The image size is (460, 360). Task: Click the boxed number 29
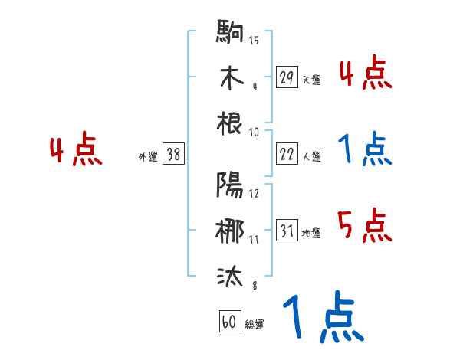287,77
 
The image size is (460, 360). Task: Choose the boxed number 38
174,155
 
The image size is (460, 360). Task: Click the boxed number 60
228,322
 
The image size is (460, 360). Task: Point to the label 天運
311,80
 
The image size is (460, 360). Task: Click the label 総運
254,325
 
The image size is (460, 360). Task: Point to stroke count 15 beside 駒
254,41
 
